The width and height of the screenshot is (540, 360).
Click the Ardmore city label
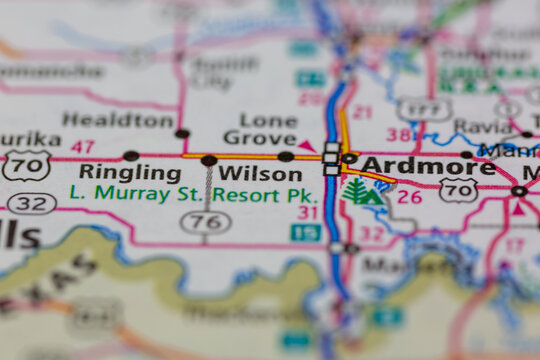428,167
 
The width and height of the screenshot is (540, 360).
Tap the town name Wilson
260,173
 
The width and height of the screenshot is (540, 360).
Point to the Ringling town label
129,173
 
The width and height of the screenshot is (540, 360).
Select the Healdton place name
118,120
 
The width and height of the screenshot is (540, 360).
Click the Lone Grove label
260,128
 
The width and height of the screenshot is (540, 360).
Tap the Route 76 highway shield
206,223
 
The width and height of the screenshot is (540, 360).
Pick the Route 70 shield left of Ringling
26,165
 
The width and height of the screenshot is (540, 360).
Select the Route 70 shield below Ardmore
458,190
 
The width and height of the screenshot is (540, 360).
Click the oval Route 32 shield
31,204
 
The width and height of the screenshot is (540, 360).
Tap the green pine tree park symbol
357,190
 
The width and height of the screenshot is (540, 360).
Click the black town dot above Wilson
209,160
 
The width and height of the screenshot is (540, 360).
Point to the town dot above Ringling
131,156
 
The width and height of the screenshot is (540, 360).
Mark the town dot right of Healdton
182,133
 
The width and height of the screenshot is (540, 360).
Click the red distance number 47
83,146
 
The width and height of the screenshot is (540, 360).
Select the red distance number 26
409,196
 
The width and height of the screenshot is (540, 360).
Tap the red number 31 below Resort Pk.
307,212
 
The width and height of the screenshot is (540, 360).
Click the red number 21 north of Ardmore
362,112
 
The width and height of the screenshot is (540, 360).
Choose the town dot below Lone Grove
286,156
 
